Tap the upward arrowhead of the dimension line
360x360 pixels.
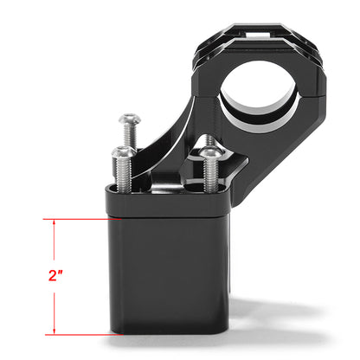coord(56,223)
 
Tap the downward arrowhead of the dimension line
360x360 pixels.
coord(56,330)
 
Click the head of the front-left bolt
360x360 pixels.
coord(123,152)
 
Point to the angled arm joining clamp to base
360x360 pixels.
coord(177,121)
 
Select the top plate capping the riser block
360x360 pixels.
coord(169,202)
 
